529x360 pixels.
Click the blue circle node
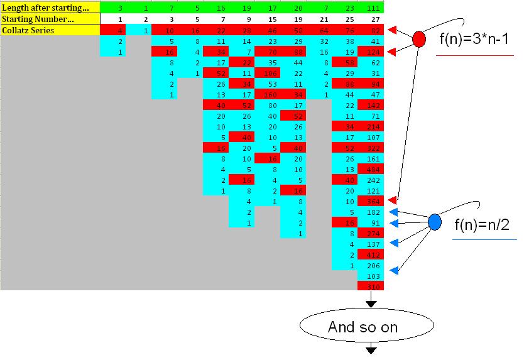point(435,222)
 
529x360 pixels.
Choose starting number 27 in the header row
point(371,19)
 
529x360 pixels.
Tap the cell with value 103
point(371,276)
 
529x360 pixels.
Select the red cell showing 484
point(371,169)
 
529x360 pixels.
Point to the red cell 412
point(371,254)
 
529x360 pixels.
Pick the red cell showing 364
point(371,200)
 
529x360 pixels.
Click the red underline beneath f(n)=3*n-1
point(474,56)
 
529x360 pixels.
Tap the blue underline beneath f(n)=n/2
point(484,239)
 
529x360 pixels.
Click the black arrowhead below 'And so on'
point(371,349)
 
